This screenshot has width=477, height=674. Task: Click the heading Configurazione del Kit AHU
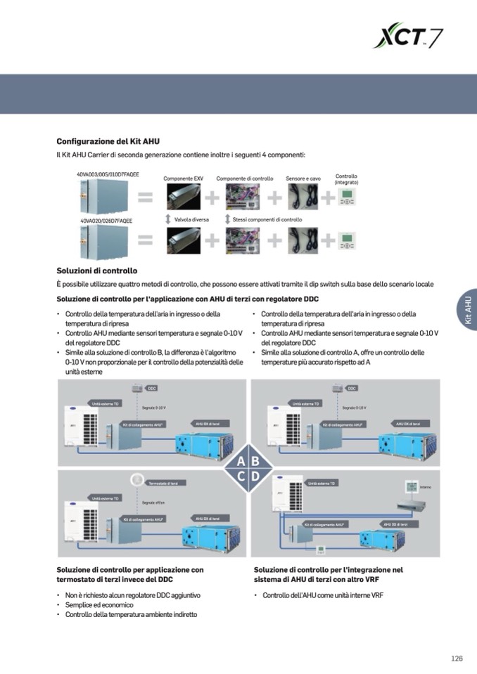(108, 141)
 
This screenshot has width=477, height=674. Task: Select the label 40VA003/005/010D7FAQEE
(108, 174)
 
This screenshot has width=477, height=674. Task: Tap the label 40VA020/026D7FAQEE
(106, 221)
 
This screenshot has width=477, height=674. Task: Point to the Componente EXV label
(183, 179)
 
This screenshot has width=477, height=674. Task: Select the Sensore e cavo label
(303, 179)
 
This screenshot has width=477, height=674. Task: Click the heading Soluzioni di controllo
(96, 271)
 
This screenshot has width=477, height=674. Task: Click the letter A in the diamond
(241, 462)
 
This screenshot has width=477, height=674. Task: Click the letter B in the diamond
(255, 462)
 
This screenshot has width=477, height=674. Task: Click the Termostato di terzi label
(167, 484)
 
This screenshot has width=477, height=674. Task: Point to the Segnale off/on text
(154, 503)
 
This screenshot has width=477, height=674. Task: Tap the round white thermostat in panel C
(136, 480)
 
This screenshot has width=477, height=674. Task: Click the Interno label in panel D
(426, 487)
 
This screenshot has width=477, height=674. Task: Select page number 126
(457, 659)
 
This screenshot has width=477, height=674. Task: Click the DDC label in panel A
(152, 388)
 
